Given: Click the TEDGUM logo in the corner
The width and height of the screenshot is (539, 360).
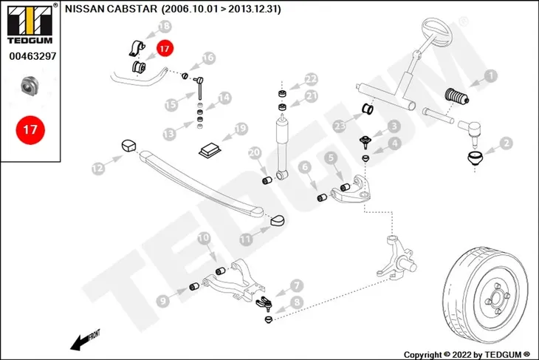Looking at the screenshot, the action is click(x=30, y=24).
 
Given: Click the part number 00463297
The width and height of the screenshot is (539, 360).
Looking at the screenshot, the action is click(x=32, y=56).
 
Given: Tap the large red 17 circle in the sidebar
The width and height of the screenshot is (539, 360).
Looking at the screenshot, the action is click(x=30, y=130).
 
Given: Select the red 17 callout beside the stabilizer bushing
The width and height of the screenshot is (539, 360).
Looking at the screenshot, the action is click(x=165, y=49).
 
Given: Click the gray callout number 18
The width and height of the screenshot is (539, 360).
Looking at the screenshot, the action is click(x=165, y=26).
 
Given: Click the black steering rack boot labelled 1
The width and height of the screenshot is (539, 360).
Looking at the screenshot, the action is click(x=456, y=96).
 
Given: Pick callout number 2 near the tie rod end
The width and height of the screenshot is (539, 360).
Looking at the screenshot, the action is click(x=506, y=143).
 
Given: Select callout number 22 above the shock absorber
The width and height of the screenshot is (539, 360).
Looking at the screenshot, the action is click(x=311, y=80).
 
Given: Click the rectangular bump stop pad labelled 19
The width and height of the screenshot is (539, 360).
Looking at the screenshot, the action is click(x=210, y=150).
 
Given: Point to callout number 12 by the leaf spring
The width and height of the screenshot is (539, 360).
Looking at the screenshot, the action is click(x=98, y=168).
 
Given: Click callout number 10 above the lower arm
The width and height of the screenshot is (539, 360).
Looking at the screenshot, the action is click(x=204, y=238).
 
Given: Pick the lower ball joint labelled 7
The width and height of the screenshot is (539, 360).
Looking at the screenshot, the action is click(x=265, y=303).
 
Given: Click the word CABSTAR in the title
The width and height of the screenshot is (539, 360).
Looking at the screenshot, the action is click(x=132, y=9).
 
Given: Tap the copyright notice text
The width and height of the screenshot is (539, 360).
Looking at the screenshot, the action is click(x=467, y=355).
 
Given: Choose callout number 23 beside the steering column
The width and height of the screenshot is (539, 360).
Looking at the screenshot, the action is click(x=340, y=126).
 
